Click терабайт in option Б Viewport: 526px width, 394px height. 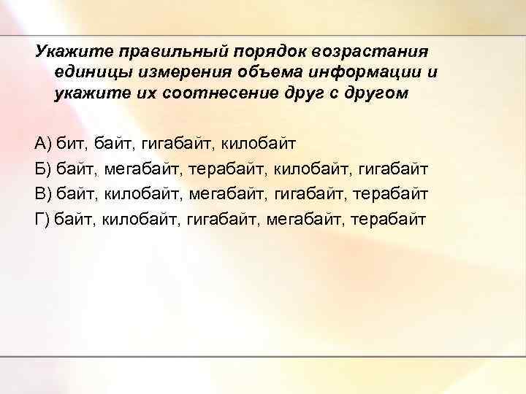[x=227, y=169]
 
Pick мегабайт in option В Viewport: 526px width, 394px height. [x=229, y=193]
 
